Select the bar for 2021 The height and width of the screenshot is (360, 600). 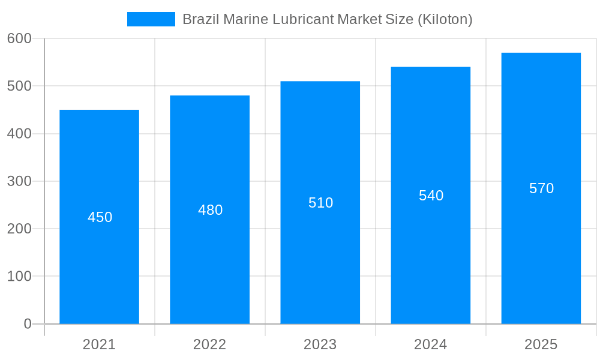100,270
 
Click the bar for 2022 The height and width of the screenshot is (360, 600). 210,264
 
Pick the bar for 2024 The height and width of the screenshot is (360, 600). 431,252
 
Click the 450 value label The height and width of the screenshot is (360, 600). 100,217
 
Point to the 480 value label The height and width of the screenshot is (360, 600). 210,210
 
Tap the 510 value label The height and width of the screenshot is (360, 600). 320,203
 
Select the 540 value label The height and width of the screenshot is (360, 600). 431,196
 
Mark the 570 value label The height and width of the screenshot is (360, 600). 541,188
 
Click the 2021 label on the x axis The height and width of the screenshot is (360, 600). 99,344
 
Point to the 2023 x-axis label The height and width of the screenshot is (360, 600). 320,344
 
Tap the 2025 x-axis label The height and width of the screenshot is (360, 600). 541,344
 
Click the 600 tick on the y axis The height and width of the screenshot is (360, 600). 19,38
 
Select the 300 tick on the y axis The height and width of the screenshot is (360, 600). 19,181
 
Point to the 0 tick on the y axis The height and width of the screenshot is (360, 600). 28,324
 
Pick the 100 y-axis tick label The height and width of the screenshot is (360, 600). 19,277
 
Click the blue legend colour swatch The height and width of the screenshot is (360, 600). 151,19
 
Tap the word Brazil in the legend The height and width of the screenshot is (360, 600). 201,19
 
